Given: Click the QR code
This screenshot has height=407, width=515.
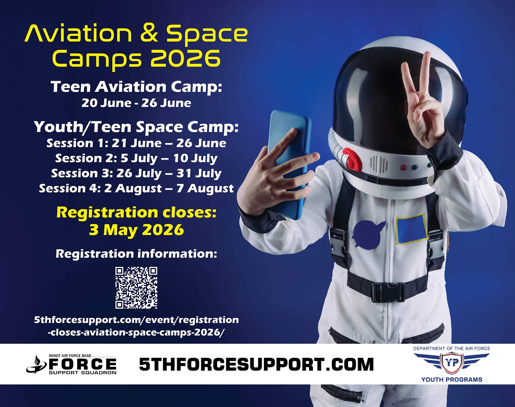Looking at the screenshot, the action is (136, 288).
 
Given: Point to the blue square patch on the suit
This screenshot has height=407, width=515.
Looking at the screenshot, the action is (411, 228).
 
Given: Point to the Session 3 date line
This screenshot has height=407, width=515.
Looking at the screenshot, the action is (136, 173).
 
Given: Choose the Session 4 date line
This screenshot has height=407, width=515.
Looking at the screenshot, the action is (136, 188).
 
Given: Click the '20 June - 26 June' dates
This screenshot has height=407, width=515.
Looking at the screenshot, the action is (136, 103).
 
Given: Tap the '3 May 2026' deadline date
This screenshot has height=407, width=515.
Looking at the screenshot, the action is (136, 230).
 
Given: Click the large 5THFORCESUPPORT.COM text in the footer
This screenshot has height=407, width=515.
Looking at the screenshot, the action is (256, 364).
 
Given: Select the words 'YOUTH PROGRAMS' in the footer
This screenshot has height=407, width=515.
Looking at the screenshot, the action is (452, 379).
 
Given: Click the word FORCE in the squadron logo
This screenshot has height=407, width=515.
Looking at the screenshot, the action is (83, 364).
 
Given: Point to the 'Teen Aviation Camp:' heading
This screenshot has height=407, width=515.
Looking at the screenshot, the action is (136, 87).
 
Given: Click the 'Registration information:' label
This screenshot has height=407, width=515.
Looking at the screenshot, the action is (136, 254).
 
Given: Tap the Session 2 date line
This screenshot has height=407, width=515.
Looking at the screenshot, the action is (136, 158).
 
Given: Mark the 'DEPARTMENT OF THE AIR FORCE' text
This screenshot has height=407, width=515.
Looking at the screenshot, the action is (452, 348).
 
